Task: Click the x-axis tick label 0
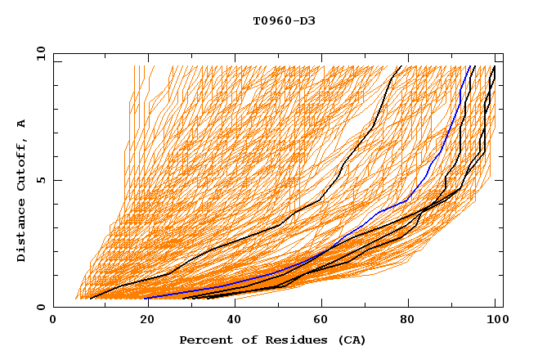click(53, 321)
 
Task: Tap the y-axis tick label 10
click(39, 53)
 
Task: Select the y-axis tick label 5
click(43, 180)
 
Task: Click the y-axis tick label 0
click(43, 307)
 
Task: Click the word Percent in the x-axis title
click(204, 340)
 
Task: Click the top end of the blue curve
click(471, 66)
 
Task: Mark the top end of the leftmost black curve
click(400, 66)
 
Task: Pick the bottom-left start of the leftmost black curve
click(90, 298)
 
